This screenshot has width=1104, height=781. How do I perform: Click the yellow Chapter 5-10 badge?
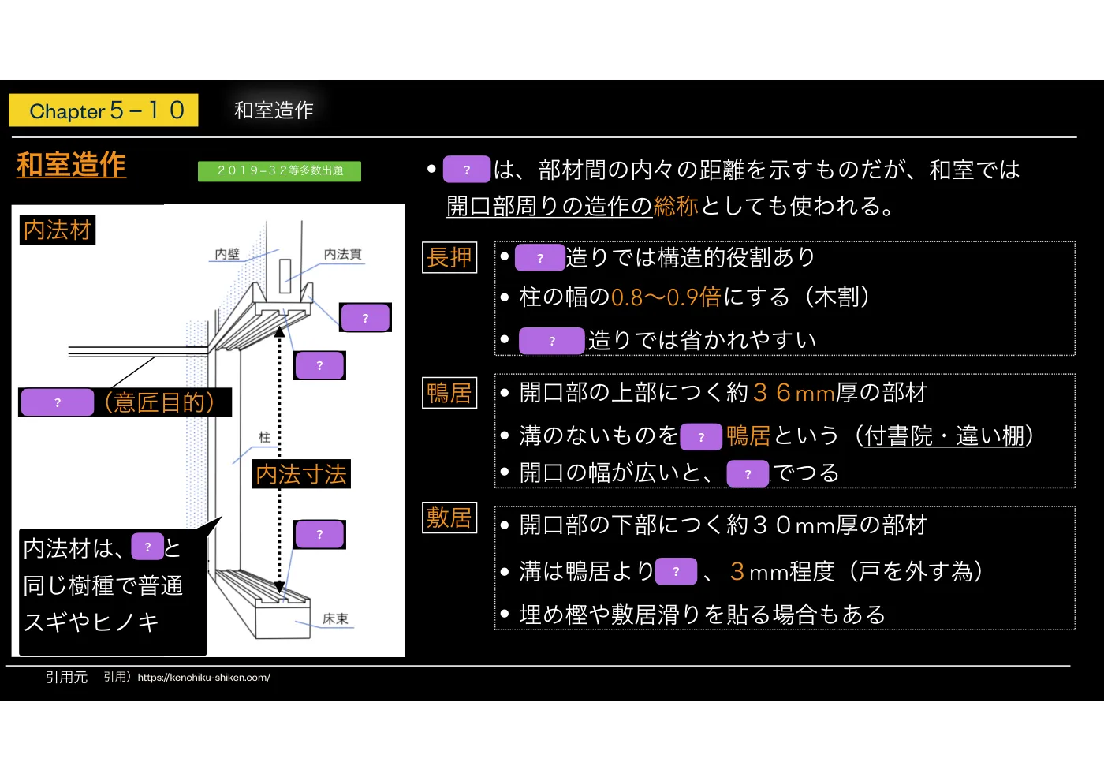[x=103, y=110]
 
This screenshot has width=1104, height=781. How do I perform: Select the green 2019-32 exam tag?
[x=279, y=171]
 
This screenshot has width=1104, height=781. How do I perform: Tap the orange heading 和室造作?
[x=72, y=164]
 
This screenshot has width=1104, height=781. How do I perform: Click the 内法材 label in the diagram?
[x=58, y=230]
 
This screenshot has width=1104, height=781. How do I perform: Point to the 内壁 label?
[x=227, y=254]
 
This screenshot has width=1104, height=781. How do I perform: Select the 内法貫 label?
[x=342, y=254]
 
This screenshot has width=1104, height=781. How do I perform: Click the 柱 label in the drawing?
[x=265, y=437]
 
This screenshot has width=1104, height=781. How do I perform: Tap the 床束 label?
[x=335, y=618]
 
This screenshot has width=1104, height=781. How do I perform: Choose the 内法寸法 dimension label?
[x=301, y=474]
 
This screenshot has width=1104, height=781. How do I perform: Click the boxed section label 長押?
[x=449, y=257]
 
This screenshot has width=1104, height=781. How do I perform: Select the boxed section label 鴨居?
[x=449, y=393]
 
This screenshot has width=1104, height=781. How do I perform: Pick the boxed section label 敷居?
[x=449, y=518]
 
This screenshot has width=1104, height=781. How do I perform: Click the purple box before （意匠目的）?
[x=58, y=402]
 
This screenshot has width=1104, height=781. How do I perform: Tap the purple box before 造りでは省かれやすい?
[x=552, y=341]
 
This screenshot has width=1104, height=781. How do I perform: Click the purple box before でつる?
[x=748, y=474]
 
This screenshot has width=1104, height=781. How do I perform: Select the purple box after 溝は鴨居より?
[x=676, y=571]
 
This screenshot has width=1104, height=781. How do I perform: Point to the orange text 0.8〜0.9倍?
[x=666, y=297]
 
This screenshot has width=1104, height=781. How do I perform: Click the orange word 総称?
[x=676, y=206]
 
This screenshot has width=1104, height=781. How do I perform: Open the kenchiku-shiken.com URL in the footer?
[x=204, y=678]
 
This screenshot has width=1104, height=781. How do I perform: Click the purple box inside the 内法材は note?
[x=147, y=546]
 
